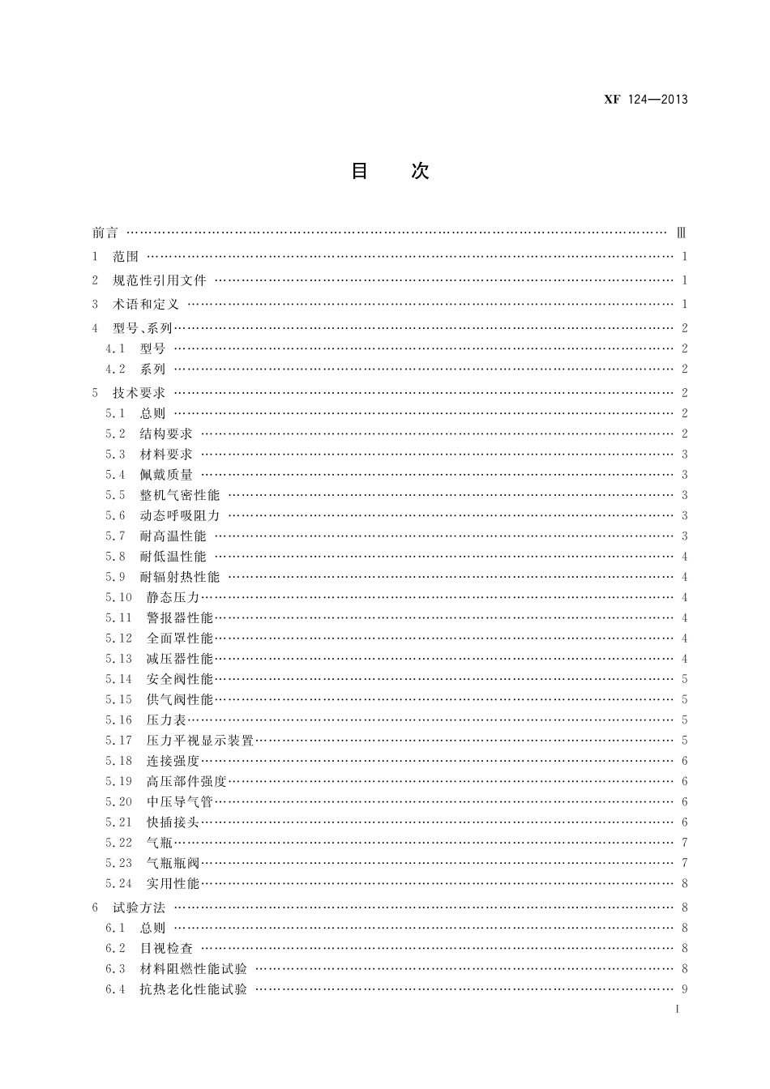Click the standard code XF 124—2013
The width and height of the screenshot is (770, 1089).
coord(646,100)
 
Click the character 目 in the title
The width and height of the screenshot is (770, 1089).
coord(359,171)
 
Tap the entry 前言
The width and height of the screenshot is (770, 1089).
coord(105,233)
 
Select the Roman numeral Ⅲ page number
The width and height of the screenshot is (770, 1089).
coord(682,233)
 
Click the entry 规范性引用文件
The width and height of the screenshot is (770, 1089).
coord(160,280)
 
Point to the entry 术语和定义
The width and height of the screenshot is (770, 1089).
coord(146,305)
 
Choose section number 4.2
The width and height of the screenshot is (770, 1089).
coord(115,369)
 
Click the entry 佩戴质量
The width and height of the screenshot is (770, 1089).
coord(166,475)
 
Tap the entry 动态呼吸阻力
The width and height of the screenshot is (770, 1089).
coord(180,515)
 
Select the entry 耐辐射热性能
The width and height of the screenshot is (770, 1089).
coord(180,577)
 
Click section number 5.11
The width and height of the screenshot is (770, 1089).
coord(118,618)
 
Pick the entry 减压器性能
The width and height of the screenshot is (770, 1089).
coord(180,659)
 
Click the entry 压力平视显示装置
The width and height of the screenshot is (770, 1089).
coord(200,741)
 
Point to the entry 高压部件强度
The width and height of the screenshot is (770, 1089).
coord(186,781)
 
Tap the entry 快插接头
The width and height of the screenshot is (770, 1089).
coord(173,822)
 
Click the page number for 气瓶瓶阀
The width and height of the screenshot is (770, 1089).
coord(685,863)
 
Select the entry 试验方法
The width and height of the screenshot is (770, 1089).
coord(139,908)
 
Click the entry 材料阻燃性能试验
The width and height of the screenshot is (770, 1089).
coord(194,969)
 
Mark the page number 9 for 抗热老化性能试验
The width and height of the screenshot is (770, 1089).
coord(685,989)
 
